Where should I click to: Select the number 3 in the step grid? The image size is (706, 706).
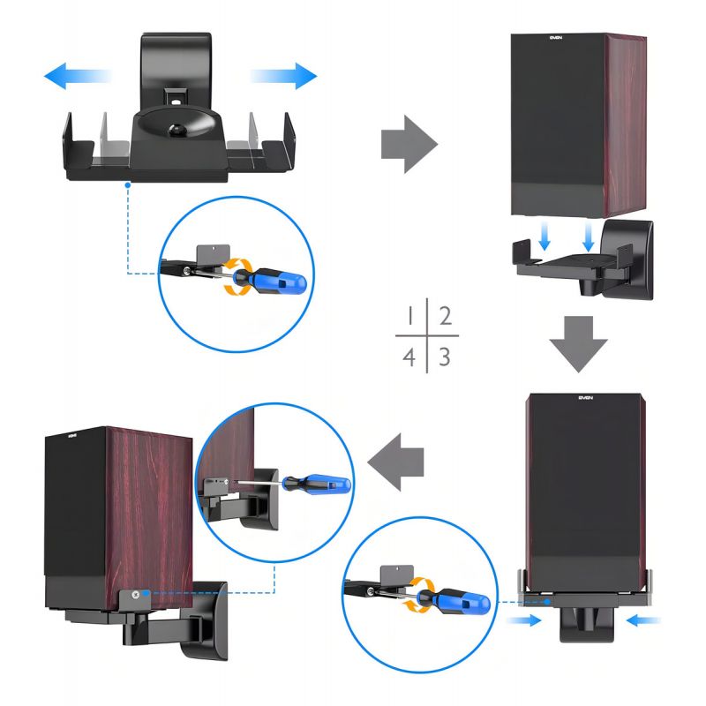tap(447, 357)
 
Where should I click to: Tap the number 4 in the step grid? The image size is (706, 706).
tap(409, 357)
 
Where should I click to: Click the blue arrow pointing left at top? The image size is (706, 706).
tap(78, 76)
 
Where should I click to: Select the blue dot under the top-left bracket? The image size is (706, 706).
tap(129, 184)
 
